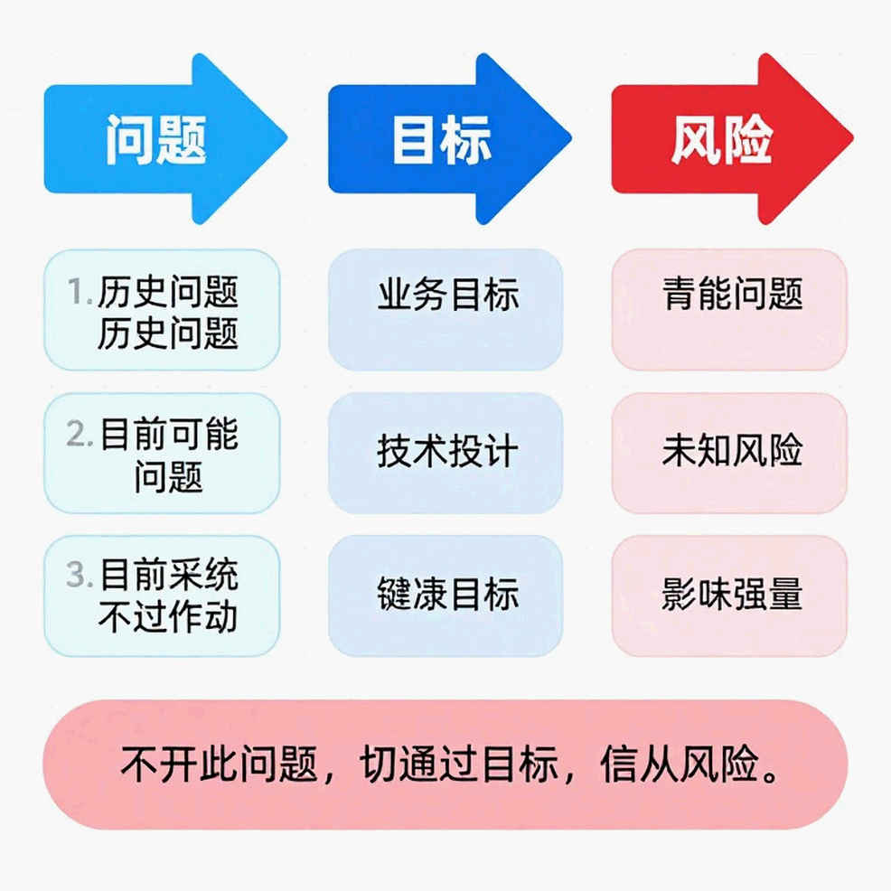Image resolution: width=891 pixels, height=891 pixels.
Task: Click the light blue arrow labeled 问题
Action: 164,138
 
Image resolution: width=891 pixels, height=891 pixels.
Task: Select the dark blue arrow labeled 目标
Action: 449,138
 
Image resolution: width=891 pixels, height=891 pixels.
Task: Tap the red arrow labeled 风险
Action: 732,138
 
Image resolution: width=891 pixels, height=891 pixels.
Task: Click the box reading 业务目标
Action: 445,310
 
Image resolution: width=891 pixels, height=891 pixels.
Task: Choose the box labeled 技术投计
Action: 445,453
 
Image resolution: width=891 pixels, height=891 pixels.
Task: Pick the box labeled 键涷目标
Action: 445,596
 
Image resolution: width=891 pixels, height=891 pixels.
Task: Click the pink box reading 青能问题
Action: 729,310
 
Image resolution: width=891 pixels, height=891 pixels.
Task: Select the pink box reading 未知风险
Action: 729,453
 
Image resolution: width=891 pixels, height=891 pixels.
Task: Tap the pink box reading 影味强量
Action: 729,596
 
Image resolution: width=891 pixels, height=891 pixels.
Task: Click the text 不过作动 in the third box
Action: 168,617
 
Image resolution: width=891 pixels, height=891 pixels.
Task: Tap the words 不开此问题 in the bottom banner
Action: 219,764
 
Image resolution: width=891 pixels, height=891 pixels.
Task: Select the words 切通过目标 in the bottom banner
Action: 458,764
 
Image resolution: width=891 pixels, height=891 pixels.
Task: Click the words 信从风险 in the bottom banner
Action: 680,764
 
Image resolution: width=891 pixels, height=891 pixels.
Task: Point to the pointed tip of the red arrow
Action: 853,137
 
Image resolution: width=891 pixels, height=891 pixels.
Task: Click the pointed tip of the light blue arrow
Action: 287,137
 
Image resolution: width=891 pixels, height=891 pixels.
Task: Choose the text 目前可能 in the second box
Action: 169,434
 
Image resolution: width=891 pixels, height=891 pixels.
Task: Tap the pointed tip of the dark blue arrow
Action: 571,137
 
